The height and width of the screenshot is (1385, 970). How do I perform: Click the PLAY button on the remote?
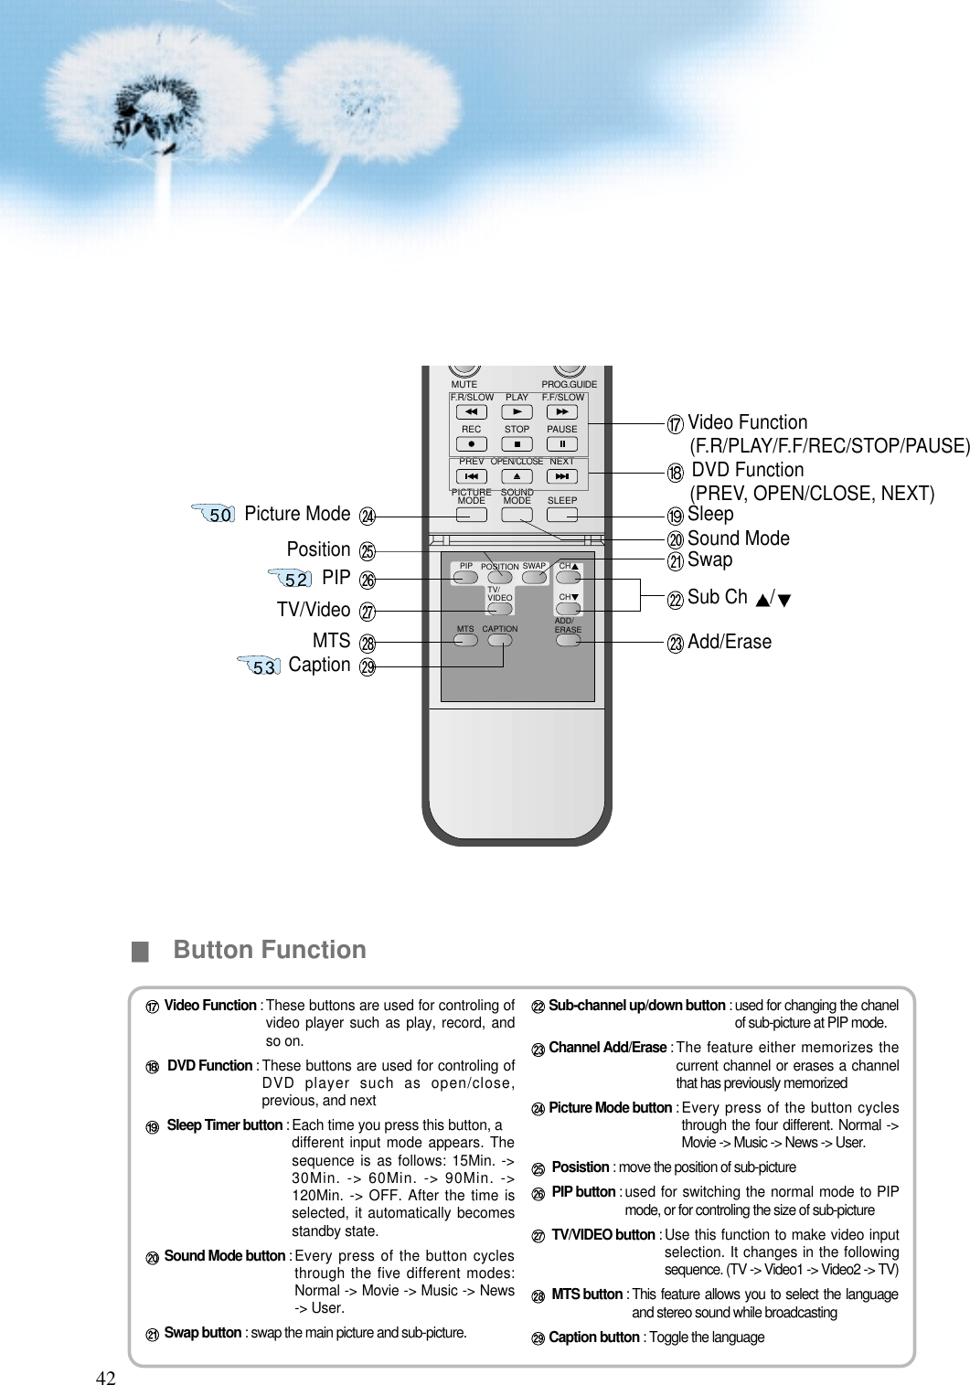(x=517, y=412)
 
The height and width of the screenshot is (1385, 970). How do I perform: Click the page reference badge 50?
(x=217, y=515)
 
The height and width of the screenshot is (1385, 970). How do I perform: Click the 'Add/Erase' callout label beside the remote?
(x=729, y=643)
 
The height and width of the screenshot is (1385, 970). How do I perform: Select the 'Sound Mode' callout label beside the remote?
(x=738, y=538)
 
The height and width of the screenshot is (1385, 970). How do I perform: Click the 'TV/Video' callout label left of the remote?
(x=314, y=610)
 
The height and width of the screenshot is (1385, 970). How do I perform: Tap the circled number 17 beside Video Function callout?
(x=675, y=425)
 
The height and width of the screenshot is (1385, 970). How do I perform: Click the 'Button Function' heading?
(x=270, y=951)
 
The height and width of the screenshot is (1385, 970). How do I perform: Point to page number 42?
(x=107, y=1378)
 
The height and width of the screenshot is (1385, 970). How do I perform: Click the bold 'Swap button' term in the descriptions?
(x=203, y=1332)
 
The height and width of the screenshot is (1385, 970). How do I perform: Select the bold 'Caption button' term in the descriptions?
(x=593, y=1337)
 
